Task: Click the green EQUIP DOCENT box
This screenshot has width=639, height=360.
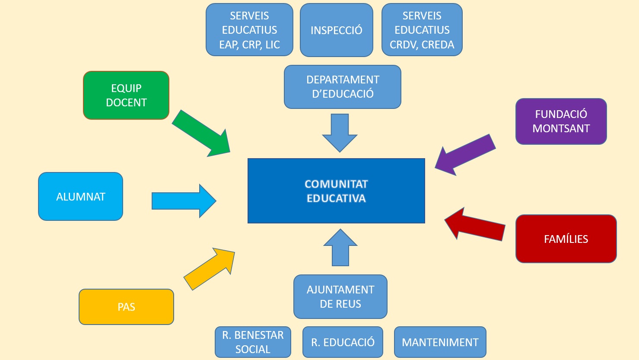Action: click(126, 95)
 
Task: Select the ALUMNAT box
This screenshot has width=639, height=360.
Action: click(81, 197)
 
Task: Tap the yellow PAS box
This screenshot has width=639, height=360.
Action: click(126, 307)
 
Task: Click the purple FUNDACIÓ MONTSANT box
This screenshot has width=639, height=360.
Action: click(561, 121)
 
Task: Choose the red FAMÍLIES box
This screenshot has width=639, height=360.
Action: click(566, 239)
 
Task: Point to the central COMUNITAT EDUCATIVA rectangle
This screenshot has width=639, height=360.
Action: click(336, 191)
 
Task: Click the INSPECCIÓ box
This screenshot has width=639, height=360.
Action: click(337, 30)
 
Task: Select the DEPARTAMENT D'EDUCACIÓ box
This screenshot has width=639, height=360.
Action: click(343, 87)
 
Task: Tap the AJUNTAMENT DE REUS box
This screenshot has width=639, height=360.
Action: click(340, 297)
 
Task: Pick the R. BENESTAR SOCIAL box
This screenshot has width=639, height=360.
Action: click(253, 342)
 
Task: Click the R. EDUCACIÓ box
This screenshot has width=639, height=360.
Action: click(343, 342)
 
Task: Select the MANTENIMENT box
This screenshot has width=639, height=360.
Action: click(440, 342)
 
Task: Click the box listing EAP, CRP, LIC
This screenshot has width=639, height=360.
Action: click(249, 30)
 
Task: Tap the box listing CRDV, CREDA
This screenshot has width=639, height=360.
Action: click(422, 30)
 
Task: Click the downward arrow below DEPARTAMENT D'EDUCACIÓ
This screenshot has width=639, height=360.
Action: click(340, 132)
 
